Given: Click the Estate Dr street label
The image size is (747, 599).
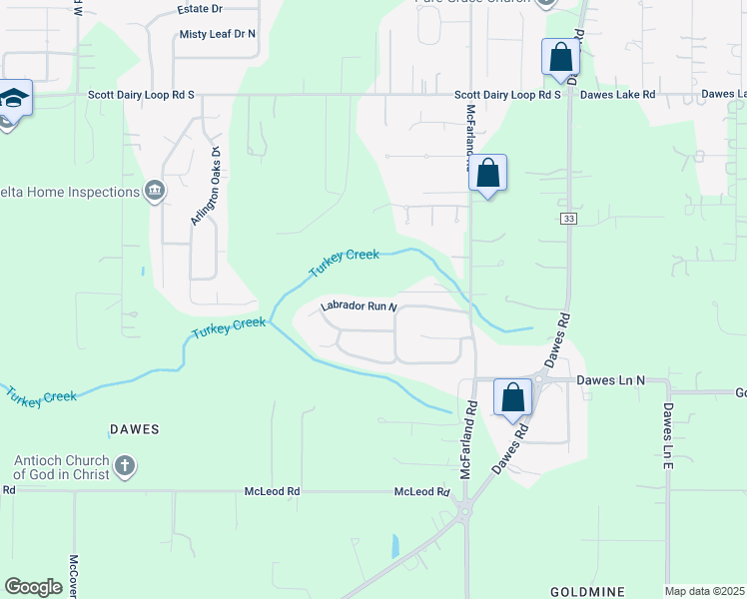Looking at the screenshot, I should click(x=199, y=9).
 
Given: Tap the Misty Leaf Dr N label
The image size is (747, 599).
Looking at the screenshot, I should click(x=218, y=34).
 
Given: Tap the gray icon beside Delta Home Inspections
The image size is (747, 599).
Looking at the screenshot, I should click(x=155, y=191).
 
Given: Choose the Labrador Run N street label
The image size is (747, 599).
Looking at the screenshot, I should click(x=359, y=306).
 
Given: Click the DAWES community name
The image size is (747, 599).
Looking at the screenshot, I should click(x=134, y=429).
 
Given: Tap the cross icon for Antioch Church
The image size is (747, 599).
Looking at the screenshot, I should click(x=125, y=466).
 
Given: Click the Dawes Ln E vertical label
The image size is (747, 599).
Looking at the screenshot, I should click(x=668, y=436).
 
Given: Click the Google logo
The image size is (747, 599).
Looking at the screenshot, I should click(x=33, y=586).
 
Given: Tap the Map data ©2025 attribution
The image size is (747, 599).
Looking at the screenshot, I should click(x=705, y=591).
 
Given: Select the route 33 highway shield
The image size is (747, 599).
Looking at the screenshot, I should click(x=567, y=219).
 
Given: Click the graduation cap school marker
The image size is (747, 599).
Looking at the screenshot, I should click(x=14, y=100).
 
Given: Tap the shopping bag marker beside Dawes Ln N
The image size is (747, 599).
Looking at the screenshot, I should click(x=512, y=397).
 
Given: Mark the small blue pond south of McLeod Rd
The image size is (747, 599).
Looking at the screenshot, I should click(x=395, y=546).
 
